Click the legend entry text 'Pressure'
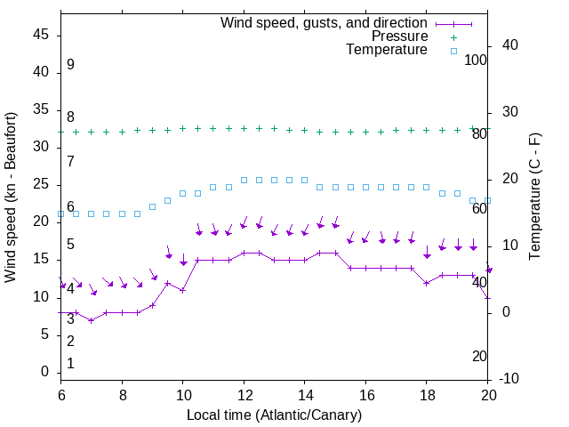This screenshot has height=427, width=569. (x=400, y=36)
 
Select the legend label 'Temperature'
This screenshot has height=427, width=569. (x=387, y=51)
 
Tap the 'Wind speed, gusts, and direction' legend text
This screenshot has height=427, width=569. (x=325, y=22)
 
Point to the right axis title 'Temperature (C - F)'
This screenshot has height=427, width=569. (x=534, y=197)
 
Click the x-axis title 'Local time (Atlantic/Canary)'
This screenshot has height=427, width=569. (x=275, y=415)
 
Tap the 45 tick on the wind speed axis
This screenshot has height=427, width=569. (x=42, y=35)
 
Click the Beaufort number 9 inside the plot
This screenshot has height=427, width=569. (x=70, y=65)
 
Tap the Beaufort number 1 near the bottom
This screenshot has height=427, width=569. (x=70, y=364)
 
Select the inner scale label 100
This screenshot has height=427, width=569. (x=476, y=60)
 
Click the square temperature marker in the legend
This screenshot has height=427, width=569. (x=453, y=51)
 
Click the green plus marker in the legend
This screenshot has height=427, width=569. (x=453, y=36)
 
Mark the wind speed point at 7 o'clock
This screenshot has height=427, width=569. (x=92, y=320)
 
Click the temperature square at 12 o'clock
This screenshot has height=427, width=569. (x=244, y=180)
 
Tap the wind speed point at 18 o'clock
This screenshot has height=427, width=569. (x=427, y=283)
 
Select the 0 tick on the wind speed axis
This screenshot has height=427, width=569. (x=45, y=372)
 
